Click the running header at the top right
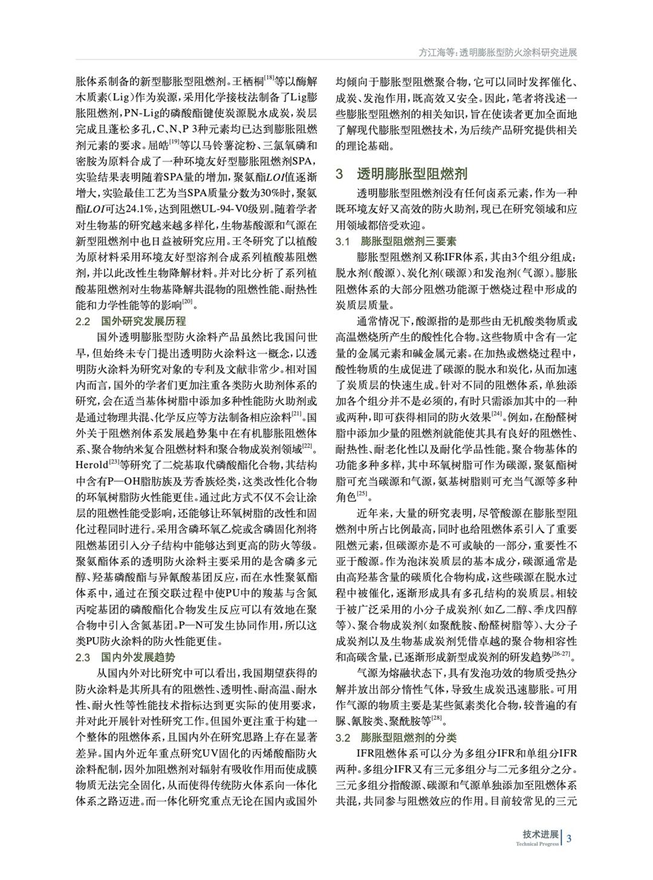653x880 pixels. pos(498,53)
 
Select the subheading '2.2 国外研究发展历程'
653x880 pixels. pos(131,321)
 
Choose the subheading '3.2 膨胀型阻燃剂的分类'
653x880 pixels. pos(396,738)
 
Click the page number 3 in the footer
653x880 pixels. pos(570,838)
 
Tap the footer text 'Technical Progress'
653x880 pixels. pos(537,844)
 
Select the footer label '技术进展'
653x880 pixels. pos(541,834)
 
